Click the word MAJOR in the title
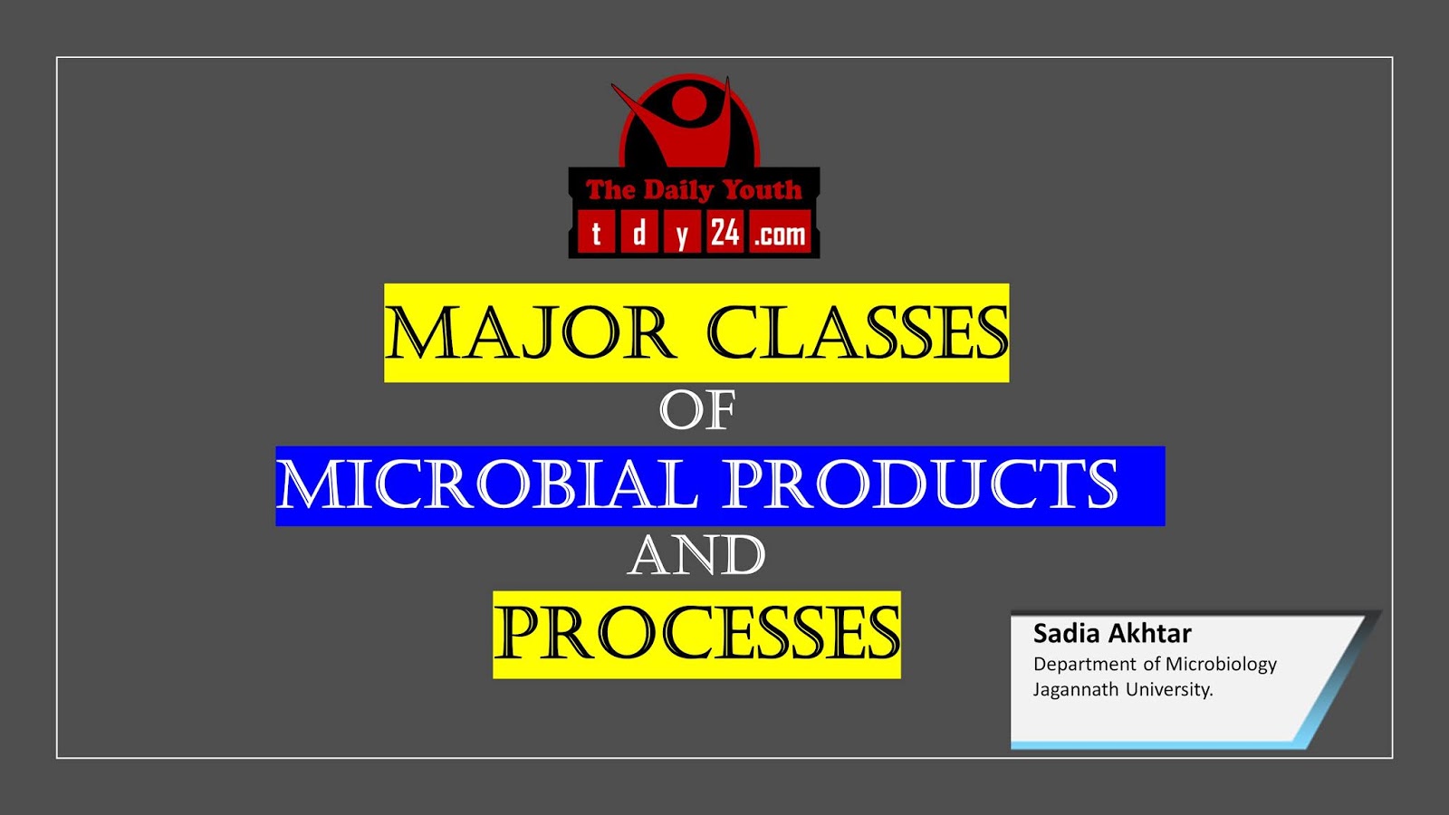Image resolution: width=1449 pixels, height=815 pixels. [x=530, y=333]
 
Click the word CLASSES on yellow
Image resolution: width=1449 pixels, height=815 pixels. [x=856, y=333]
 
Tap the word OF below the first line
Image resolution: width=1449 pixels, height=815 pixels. [x=696, y=411]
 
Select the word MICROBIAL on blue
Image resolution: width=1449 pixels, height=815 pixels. [x=486, y=485]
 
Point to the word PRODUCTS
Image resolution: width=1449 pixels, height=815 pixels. [x=921, y=485]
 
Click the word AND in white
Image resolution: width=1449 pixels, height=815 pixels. [x=696, y=556]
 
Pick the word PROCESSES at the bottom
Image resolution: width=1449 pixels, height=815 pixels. [x=696, y=634]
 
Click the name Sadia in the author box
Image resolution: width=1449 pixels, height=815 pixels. [x=1066, y=633]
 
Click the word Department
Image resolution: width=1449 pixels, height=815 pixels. [x=1084, y=665]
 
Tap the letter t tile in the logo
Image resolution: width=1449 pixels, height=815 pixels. [x=596, y=234]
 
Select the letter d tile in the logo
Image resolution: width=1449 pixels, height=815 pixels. [x=638, y=234]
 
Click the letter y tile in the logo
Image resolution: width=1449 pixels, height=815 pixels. [x=681, y=235]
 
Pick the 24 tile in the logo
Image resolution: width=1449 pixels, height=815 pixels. [x=724, y=234]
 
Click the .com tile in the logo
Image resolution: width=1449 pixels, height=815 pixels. [x=780, y=235]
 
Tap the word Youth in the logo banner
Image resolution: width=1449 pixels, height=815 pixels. [x=762, y=190]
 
